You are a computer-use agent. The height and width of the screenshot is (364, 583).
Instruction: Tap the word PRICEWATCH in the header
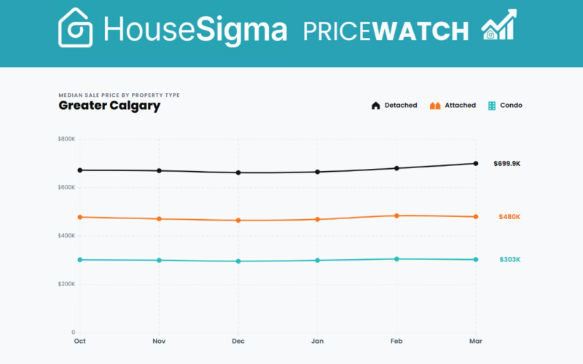click(386, 31)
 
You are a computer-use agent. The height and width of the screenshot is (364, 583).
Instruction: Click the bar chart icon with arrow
click(498, 25)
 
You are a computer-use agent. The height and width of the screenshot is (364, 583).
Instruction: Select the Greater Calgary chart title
click(109, 106)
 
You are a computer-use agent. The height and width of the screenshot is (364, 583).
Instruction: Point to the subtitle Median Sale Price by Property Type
click(119, 95)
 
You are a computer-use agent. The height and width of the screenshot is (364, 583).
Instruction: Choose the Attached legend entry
click(453, 106)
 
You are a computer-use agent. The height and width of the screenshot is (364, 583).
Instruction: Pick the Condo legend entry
click(505, 106)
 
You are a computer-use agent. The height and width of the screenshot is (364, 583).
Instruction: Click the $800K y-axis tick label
click(67, 139)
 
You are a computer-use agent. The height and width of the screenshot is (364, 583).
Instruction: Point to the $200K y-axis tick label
click(67, 284)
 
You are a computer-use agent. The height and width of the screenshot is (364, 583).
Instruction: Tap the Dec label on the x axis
click(238, 341)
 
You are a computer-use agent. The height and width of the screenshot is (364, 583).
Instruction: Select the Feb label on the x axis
click(396, 341)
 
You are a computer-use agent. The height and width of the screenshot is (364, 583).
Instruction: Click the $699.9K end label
click(506, 164)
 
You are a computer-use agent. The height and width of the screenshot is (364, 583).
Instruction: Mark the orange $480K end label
click(509, 217)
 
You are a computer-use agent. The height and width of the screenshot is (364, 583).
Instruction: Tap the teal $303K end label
click(509, 260)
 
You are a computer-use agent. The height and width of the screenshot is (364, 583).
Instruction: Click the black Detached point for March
click(476, 163)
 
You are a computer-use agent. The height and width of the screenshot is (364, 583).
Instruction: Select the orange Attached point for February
click(396, 215)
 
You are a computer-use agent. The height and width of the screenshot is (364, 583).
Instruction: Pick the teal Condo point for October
click(79, 260)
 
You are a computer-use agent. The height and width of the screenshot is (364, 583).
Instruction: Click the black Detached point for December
click(238, 173)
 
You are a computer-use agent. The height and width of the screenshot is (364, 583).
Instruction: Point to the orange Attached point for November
click(159, 219)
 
